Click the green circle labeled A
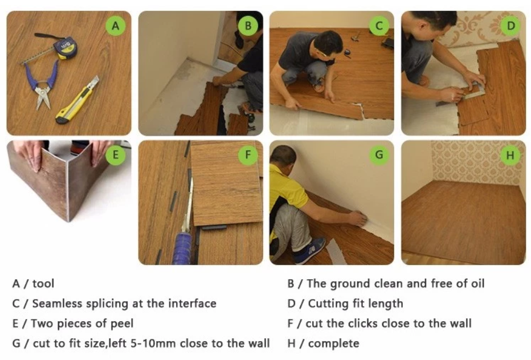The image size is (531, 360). coord(116,26)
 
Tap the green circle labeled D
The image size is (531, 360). coord(510,26)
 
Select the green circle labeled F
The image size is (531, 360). coord(248,155)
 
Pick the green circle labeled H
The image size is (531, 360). coord(510,155)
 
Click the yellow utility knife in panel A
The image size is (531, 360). coord(77,100)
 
